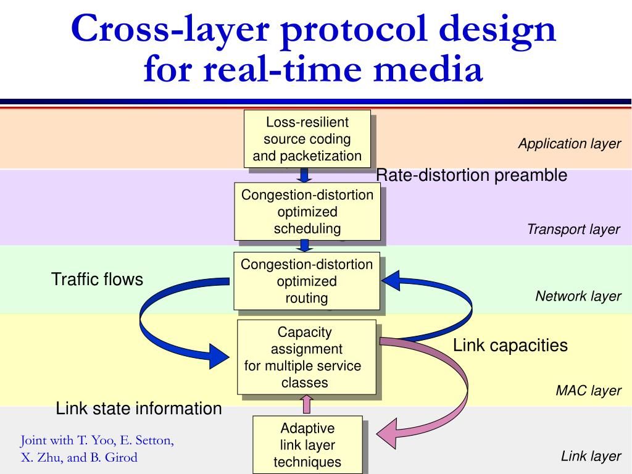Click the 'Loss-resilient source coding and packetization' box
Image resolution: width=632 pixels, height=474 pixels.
[307, 138]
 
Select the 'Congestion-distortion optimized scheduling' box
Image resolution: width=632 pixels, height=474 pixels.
[307, 211]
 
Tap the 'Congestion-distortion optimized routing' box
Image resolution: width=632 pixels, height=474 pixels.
[306, 281]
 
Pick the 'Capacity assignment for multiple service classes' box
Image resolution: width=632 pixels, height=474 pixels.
[306, 357]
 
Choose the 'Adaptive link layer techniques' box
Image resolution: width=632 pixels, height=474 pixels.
[307, 444]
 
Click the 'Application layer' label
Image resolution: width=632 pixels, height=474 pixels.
[569, 144]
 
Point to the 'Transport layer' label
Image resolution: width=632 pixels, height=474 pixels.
[573, 230]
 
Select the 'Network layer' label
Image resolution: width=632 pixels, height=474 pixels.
[578, 296]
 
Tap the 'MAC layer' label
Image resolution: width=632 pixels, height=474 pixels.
[588, 391]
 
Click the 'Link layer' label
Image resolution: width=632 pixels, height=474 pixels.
[591, 456]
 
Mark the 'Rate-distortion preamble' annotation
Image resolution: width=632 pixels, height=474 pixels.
[472, 175]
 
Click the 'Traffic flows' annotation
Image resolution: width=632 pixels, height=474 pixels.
[97, 280]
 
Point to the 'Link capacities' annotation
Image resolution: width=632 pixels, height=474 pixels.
[510, 345]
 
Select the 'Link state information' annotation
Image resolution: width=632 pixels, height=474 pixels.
[139, 409]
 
